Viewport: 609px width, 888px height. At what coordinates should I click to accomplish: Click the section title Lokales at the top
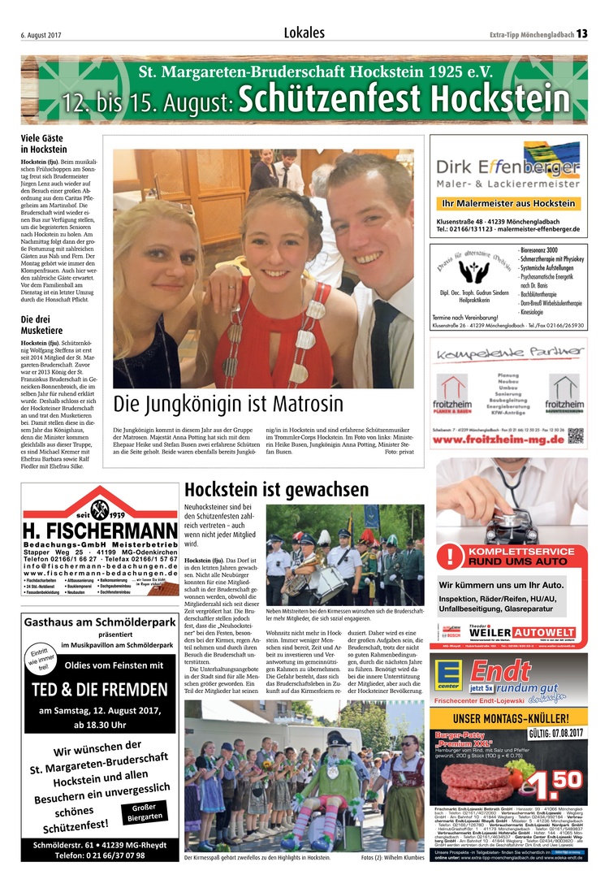304,33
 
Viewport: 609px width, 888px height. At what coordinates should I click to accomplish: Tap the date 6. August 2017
42,34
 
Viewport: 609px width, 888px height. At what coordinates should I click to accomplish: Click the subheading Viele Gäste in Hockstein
44,144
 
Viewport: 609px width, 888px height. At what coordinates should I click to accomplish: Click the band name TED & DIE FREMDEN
100,689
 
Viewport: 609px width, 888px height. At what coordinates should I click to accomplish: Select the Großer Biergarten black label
145,812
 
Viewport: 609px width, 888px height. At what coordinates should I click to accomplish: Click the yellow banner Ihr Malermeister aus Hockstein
508,203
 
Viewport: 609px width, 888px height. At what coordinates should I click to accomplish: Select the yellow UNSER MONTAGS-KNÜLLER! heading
508,718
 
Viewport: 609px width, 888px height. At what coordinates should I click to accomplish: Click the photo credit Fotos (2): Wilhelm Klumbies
392,857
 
